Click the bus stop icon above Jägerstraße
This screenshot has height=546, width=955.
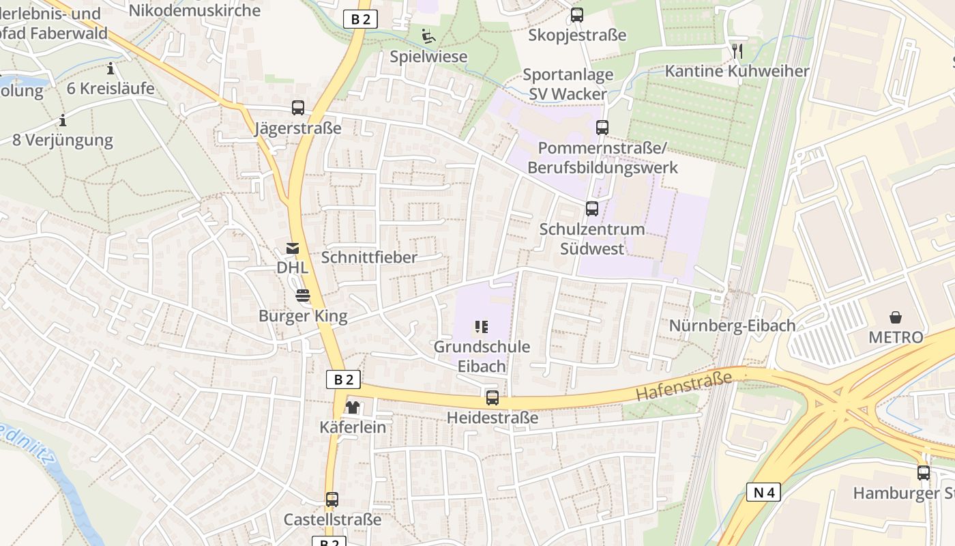(x=297, y=107)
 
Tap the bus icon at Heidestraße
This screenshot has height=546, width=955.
(x=492, y=397)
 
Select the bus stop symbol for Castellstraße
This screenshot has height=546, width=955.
(x=332, y=500)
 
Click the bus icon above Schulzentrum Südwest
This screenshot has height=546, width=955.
(x=591, y=209)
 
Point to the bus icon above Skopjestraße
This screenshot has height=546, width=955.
(x=577, y=14)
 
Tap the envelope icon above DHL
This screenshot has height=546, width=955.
(x=292, y=248)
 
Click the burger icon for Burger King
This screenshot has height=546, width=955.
(x=303, y=296)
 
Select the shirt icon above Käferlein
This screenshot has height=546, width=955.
(x=352, y=407)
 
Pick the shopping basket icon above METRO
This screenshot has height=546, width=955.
(x=895, y=317)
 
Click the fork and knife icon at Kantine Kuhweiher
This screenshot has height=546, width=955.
(x=737, y=51)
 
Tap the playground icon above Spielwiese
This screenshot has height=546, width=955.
(x=428, y=36)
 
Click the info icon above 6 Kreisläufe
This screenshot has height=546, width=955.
(x=111, y=69)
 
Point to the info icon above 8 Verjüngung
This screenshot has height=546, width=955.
(x=63, y=121)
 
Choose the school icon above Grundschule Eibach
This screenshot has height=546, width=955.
(x=482, y=327)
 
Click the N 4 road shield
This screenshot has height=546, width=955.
(x=763, y=492)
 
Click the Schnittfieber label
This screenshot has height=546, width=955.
(x=368, y=257)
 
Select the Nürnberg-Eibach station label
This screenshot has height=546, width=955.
(x=732, y=326)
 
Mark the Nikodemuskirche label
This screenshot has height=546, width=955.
(x=194, y=10)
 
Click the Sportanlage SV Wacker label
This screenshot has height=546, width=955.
(x=568, y=84)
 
